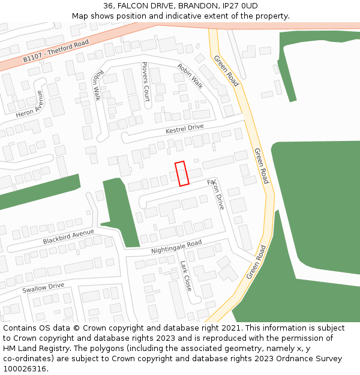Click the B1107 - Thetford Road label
pos(55,51)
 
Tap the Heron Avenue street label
pos(30,104)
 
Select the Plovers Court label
pos(145,81)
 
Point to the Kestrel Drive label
pos(185,128)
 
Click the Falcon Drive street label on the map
pos(216,193)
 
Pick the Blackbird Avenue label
pos(68,236)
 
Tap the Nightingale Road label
pos(176,246)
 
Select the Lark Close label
pos(186,275)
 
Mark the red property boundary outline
pos(182,173)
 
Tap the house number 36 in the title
pos(109,6)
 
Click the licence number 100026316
pos(25,369)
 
